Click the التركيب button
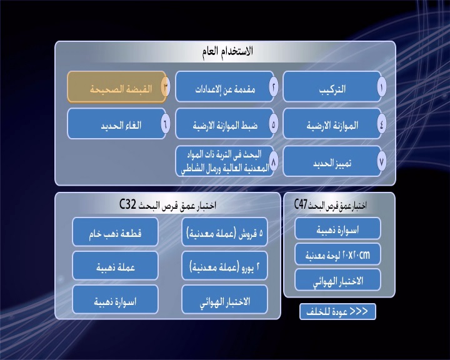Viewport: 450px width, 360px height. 332,87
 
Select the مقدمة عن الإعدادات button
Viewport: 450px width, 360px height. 225,87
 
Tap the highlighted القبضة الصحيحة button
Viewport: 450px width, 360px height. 117,87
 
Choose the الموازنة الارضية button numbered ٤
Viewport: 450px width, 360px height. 332,124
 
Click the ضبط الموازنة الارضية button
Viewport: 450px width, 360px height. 225,124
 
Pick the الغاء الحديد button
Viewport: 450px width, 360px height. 117,124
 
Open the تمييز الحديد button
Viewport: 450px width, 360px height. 332,161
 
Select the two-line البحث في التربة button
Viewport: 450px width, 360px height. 225,161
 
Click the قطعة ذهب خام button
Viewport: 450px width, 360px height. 115,232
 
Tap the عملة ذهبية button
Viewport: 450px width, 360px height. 115,266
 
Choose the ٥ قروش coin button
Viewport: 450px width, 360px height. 225,232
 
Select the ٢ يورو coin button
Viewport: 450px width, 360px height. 225,266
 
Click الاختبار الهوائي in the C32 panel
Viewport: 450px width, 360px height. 225,300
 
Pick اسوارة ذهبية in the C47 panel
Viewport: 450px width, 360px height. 337,229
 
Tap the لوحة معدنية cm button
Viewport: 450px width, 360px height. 337,254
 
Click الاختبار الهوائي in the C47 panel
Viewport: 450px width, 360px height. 337,280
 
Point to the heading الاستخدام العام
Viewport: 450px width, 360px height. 227,51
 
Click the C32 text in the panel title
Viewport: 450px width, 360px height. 127,204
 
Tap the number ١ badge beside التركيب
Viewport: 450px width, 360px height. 382,87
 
